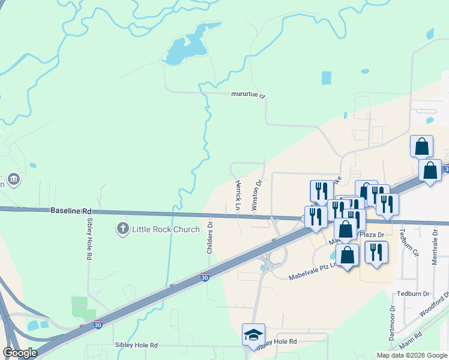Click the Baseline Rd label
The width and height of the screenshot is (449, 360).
[71, 211]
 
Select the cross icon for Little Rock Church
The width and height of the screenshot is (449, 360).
[122, 228]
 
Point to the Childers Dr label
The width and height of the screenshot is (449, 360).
[210, 238]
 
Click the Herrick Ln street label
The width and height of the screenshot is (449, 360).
[238, 195]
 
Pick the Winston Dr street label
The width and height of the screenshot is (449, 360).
[257, 194]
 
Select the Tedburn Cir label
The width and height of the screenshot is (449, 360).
[414, 241]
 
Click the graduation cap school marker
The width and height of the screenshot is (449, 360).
[253, 334]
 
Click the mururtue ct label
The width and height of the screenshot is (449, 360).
[248, 95]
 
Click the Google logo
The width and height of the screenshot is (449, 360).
[19, 353]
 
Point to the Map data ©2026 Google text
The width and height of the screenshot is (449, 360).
[412, 355]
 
